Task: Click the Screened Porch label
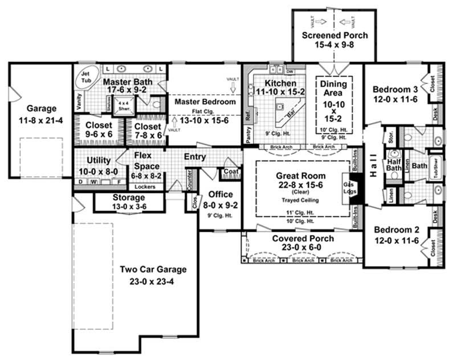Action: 335,35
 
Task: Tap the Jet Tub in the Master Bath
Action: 87,78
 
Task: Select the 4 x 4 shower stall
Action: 120,104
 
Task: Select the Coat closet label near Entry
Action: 230,171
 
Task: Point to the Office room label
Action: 219,193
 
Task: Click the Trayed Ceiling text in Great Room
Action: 300,200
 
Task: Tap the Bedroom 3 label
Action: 396,90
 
